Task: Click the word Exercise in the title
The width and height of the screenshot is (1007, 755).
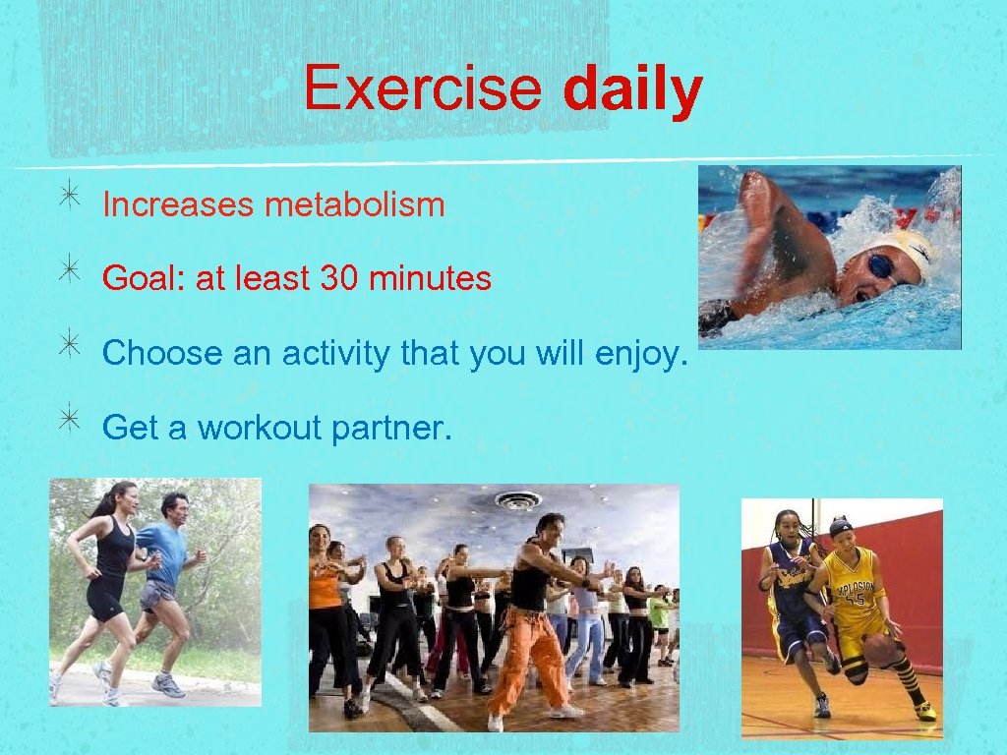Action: tap(422, 88)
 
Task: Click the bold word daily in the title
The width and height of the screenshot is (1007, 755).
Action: tap(632, 90)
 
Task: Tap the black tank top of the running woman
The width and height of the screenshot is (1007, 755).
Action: tap(115, 551)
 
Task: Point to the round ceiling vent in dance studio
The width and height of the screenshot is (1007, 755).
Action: tap(518, 499)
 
